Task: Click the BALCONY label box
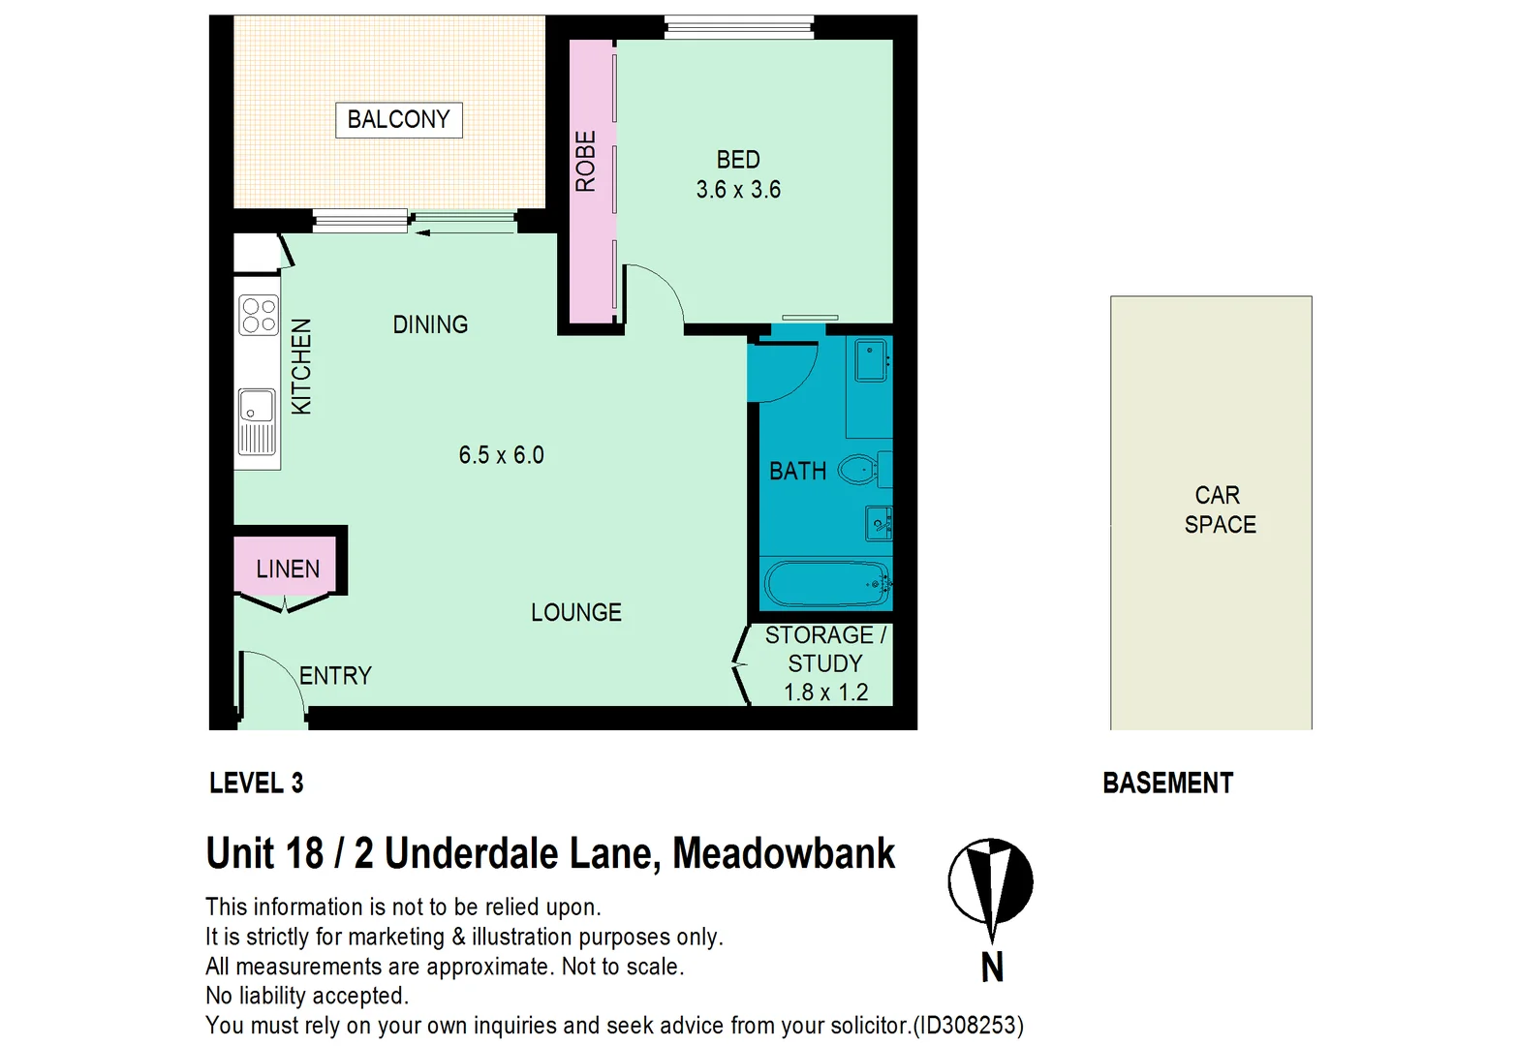398,120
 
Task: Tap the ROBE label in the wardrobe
586,161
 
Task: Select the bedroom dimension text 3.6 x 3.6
738,190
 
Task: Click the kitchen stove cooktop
259,315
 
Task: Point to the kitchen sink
257,421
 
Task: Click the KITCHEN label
302,366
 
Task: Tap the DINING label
430,324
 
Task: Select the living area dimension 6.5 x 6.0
501,455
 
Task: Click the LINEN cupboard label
288,569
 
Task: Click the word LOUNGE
575,612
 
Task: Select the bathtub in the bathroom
825,583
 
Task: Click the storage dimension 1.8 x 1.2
825,692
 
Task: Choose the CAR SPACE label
1219,509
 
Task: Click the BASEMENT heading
1167,783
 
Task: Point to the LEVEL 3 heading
256,783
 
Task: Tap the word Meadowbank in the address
783,853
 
